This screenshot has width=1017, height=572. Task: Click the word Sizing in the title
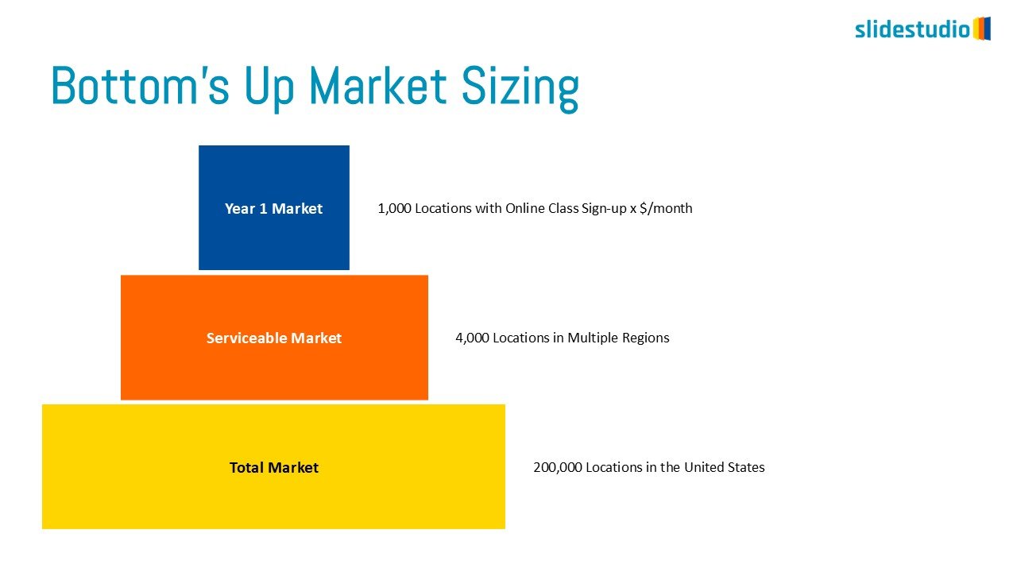(520, 88)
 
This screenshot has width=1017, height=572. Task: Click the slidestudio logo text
(913, 29)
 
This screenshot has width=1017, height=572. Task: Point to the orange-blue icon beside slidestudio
(982, 29)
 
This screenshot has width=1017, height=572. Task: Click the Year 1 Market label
(274, 208)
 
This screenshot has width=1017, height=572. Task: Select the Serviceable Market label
(274, 338)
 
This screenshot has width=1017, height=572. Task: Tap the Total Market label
(274, 468)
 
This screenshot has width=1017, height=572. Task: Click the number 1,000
(395, 208)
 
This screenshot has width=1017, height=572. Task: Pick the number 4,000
(472, 338)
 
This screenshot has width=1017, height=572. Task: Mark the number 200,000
(558, 467)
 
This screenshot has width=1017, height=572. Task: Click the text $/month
(666, 208)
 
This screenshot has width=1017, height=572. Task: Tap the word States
(746, 467)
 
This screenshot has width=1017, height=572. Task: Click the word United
(704, 467)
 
